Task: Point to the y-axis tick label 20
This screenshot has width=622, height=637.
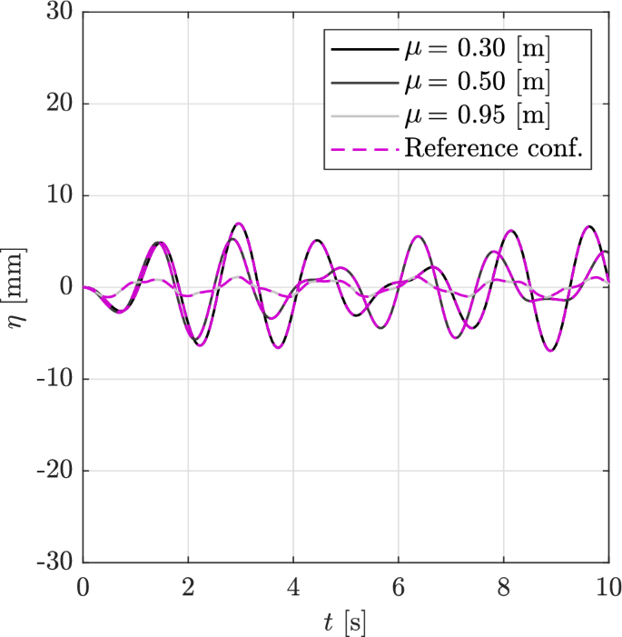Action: (61, 105)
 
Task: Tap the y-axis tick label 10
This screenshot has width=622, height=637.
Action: (61, 196)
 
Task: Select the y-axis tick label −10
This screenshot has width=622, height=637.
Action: (55, 380)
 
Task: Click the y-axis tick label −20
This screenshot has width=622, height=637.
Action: (55, 472)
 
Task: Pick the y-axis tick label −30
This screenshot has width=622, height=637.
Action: (55, 563)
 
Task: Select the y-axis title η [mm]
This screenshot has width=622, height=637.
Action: (18, 287)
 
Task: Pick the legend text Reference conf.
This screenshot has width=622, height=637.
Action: (498, 149)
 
